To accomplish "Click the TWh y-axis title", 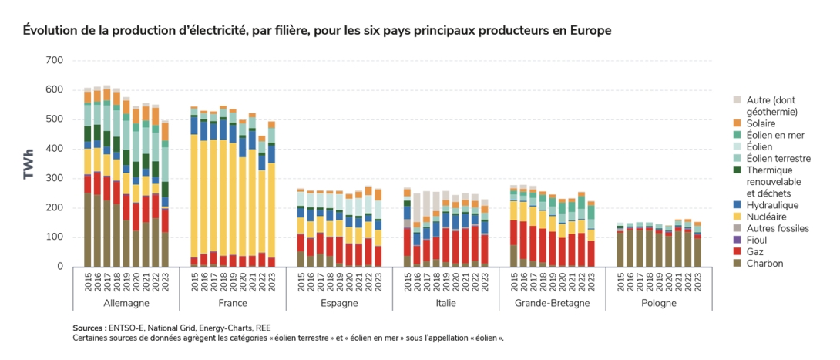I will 29,164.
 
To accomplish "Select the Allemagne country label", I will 126,303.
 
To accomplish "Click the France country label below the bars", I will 232,303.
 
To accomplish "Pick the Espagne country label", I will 338,303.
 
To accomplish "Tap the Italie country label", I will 445,303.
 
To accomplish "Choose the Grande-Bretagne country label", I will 552,303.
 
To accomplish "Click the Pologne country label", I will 658,303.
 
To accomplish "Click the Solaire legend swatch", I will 736,123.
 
